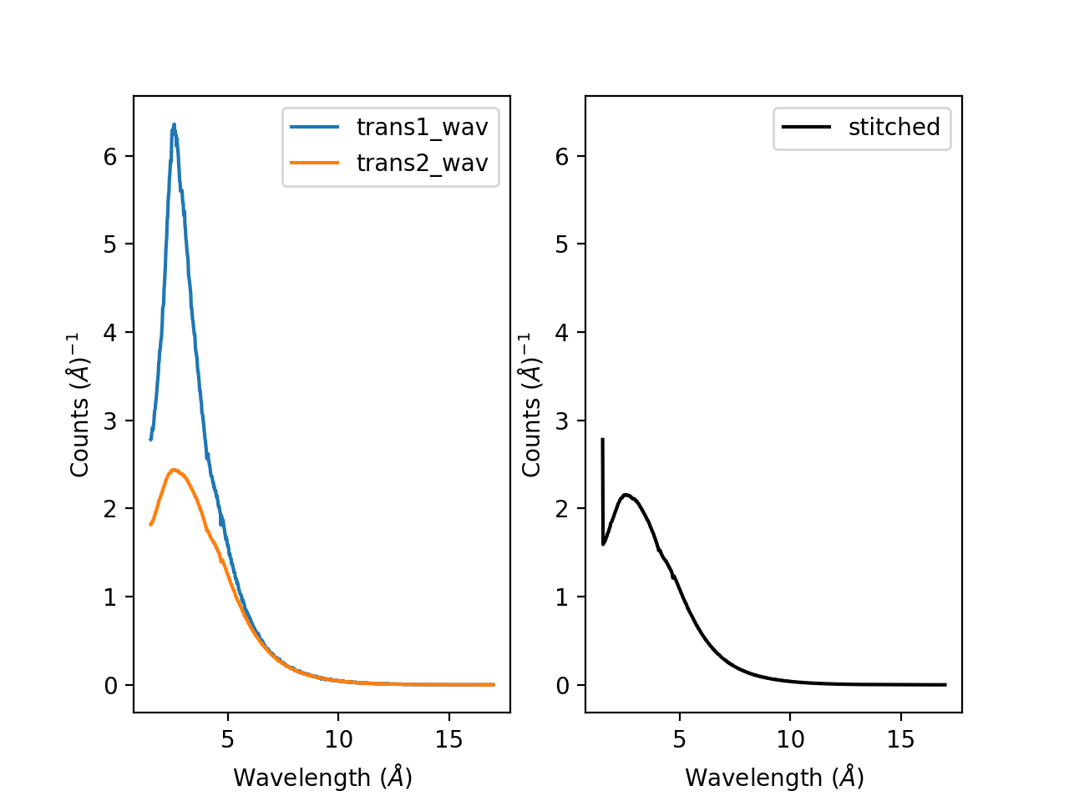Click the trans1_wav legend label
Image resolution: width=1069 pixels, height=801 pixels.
point(422,127)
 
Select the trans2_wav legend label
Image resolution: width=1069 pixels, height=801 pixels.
point(422,163)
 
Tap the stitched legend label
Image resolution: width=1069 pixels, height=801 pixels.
point(894,127)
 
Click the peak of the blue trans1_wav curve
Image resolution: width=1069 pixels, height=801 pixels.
point(174,124)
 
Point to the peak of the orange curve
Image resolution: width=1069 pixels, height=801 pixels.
point(173,470)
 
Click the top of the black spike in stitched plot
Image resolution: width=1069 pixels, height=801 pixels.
point(602,439)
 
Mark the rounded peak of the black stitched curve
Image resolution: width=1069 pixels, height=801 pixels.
point(626,495)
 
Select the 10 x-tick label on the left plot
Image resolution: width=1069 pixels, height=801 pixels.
point(338,739)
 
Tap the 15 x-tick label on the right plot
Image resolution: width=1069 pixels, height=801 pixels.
point(901,739)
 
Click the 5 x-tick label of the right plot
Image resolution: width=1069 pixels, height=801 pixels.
point(680,739)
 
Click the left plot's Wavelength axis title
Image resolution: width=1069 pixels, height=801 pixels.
point(322,778)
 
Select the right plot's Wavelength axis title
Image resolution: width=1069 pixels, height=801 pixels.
point(774,778)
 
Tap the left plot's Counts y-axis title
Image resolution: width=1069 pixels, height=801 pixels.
point(79,405)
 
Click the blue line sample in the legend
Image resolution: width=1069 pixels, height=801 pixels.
point(315,127)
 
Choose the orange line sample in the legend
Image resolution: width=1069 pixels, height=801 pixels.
point(315,163)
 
